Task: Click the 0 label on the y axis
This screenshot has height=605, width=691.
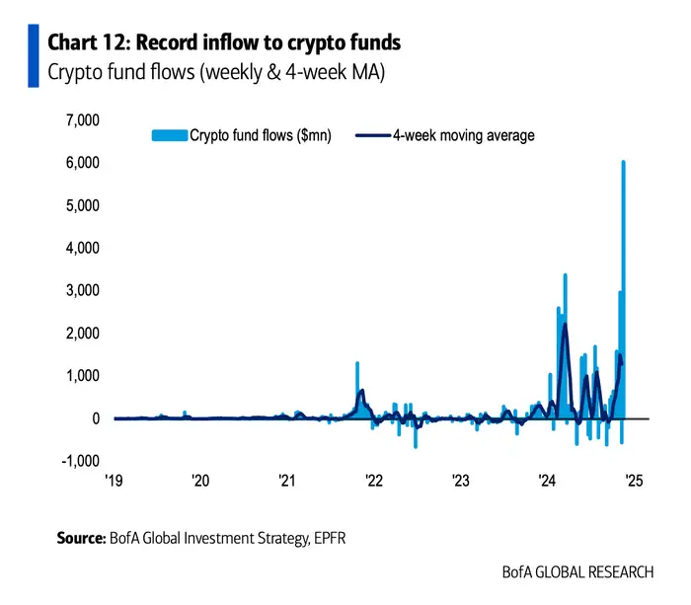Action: coord(95,418)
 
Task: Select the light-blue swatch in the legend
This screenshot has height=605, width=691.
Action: coord(168,135)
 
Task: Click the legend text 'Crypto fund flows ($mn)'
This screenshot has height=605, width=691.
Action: coord(261,135)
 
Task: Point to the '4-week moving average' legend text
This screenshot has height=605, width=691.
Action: coord(464,135)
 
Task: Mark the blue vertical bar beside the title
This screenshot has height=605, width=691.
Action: coord(34,57)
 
